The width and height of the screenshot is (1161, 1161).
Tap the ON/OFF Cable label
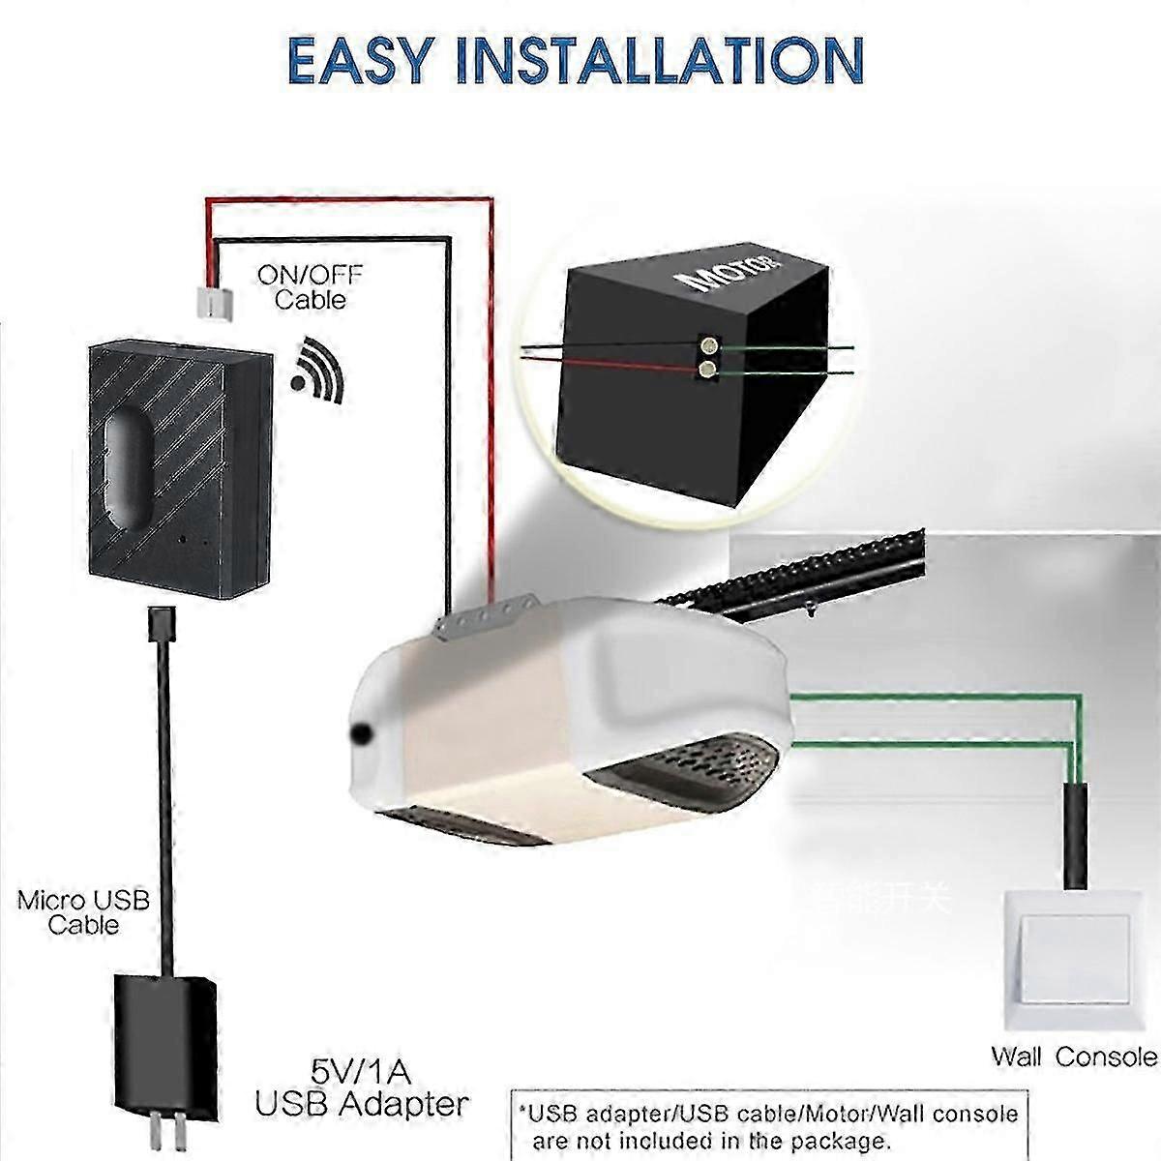coord(311,287)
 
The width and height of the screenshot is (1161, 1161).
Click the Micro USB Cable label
coord(84,912)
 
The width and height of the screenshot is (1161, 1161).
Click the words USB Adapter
coord(362,1103)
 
